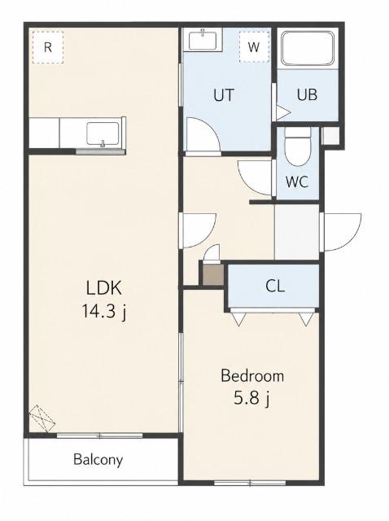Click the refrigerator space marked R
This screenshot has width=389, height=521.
coord(48,47)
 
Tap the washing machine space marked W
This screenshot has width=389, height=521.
coord(254,47)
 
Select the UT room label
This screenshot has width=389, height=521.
coord(224,95)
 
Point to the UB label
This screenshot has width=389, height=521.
coord(307,94)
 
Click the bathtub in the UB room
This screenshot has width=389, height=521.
coord(308,49)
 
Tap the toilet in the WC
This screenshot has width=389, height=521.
coord(297,147)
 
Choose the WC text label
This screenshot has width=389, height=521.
coord(297,182)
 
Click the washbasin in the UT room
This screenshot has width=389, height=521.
coord(203,40)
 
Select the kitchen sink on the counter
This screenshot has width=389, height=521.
coord(103,134)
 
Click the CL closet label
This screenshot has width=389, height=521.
coord(275,286)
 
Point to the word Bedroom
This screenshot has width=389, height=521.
coord(252,376)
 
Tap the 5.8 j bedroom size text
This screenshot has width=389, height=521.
coord(251,398)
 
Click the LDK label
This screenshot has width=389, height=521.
coord(104,287)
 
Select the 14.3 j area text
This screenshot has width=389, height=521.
coord(104,312)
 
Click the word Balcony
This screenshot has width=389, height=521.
coord(98,459)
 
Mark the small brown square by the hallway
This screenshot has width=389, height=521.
coord(213,274)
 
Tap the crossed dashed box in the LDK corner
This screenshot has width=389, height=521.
coord(42,418)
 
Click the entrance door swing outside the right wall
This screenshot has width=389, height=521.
coord(341,232)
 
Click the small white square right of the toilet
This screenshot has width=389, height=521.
coord(330,136)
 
